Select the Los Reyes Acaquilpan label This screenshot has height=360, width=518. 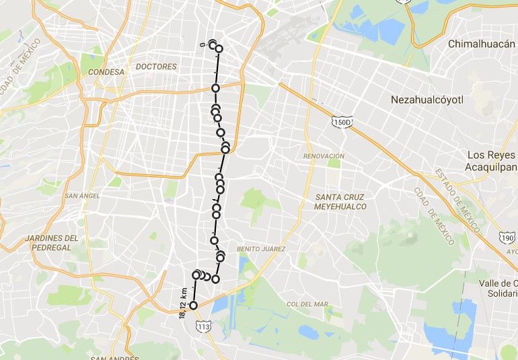click(x=492, y=161)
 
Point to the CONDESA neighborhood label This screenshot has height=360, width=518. click(x=106, y=71)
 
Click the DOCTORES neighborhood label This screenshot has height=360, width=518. click(x=156, y=67)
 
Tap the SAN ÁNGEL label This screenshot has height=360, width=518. click(x=82, y=196)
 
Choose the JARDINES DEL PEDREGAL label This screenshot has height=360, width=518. click(x=52, y=242)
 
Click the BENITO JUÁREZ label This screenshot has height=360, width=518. click(x=261, y=249)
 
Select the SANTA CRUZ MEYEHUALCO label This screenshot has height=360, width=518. click(x=340, y=202)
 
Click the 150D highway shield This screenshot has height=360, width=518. click(x=341, y=122)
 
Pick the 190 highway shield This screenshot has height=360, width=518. click(x=507, y=238)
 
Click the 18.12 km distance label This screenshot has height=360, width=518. click(x=183, y=303)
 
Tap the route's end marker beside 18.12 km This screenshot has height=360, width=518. click(x=194, y=305)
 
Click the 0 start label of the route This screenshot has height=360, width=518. click(x=203, y=45)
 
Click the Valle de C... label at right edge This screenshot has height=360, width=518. click(x=501, y=288)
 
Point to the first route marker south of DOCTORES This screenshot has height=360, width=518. click(x=216, y=88)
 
